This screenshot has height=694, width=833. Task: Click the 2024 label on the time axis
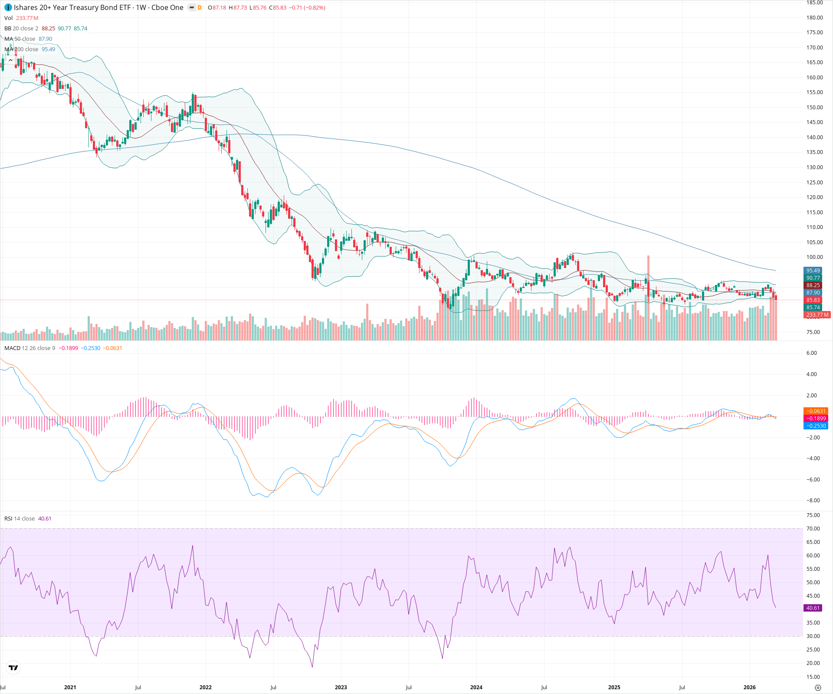476,687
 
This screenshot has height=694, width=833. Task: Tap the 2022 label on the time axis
205,687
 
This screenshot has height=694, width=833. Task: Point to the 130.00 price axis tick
814,167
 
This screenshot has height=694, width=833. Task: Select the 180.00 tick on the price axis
814,18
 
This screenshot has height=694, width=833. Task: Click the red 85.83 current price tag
813,300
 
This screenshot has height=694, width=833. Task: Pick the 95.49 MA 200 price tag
813,271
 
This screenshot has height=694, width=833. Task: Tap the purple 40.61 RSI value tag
813,608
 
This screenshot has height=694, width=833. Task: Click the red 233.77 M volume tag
817,315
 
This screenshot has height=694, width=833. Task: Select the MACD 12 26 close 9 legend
30,348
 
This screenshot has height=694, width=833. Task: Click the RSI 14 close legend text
20,519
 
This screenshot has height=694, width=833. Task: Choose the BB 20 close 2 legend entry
21,29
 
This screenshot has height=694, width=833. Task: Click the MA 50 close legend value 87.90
45,39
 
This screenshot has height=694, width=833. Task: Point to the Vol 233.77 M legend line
21,18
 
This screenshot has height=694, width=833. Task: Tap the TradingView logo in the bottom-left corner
13,668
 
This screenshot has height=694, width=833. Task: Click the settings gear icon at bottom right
818,687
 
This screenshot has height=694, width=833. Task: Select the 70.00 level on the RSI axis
813,529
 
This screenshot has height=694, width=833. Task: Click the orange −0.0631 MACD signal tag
816,411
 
